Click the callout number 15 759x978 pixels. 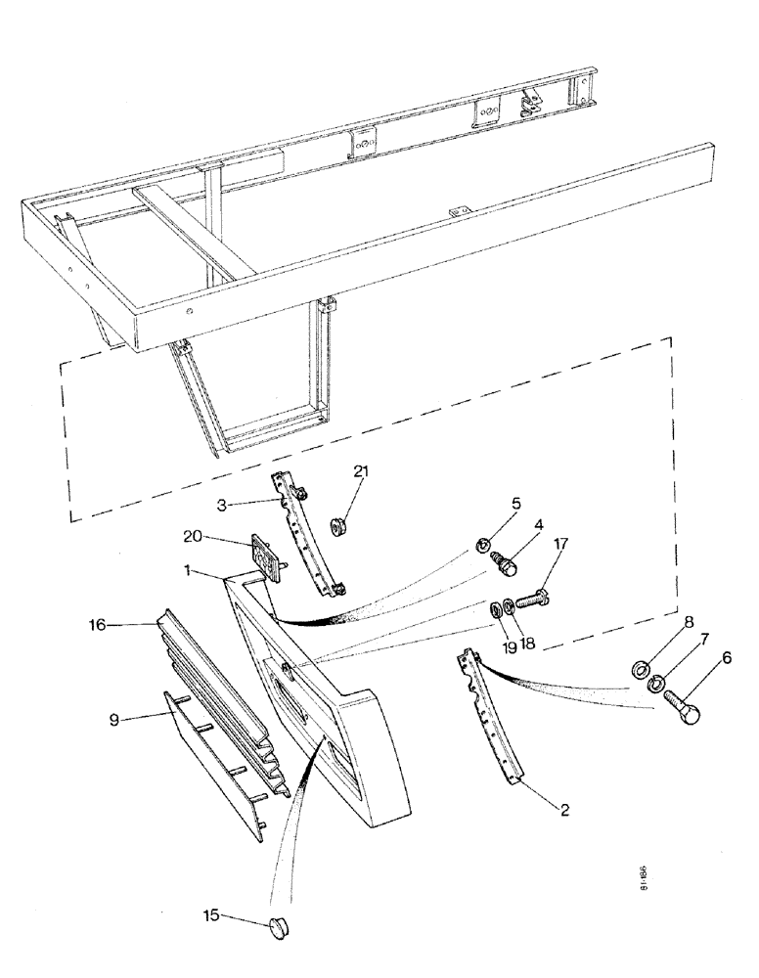point(211,915)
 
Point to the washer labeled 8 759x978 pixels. point(641,668)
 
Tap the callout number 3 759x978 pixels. point(223,506)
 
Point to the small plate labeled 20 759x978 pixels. point(265,559)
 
